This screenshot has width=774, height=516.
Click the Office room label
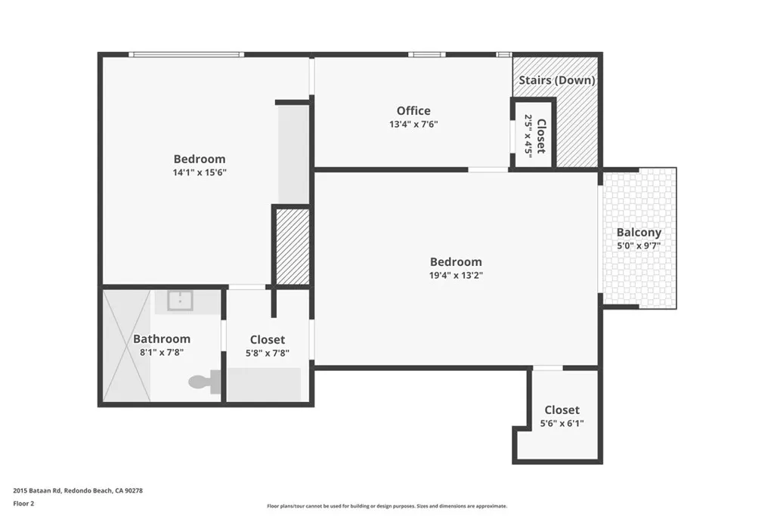click(x=413, y=111)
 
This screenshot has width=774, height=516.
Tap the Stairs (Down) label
click(x=556, y=80)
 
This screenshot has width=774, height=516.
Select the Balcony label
click(x=639, y=233)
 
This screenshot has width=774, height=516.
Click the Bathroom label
click(x=162, y=339)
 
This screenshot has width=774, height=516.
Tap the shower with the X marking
click(x=125, y=346)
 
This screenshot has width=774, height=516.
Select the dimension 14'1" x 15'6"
click(x=200, y=172)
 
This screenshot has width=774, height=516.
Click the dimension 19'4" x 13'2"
click(x=456, y=276)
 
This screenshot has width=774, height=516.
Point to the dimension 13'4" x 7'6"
click(x=413, y=125)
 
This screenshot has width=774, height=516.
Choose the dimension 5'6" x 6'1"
click(x=562, y=424)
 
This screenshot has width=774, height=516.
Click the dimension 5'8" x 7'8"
click(x=268, y=353)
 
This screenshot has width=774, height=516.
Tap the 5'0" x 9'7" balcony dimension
click(x=639, y=246)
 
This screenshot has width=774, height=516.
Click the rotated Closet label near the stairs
click(x=540, y=134)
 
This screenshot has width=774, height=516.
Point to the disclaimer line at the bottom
click(x=386, y=506)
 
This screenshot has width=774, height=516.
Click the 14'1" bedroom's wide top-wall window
click(x=186, y=54)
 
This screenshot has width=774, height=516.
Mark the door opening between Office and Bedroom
click(x=488, y=169)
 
